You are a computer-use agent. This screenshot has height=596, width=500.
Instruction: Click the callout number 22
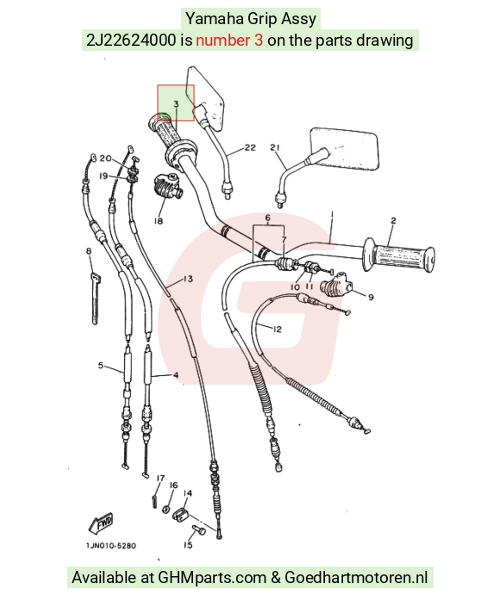(x=250, y=147)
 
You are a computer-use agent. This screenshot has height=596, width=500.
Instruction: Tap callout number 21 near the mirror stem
(x=275, y=147)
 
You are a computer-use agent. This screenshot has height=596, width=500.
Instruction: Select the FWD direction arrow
(x=101, y=523)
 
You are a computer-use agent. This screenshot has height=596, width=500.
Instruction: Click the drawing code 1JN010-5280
(x=111, y=546)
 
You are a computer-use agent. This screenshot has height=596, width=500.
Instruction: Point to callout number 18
(x=159, y=221)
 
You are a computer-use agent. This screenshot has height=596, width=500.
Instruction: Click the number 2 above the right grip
(x=393, y=221)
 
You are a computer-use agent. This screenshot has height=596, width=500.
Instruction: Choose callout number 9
(x=371, y=297)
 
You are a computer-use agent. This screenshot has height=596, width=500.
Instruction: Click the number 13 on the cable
(x=188, y=279)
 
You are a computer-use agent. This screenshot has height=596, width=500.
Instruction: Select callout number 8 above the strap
(x=89, y=251)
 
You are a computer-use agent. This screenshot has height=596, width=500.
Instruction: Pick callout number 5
(x=101, y=366)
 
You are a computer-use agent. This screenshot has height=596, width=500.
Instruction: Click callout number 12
(x=277, y=329)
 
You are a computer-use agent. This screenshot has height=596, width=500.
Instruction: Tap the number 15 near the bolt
(x=188, y=545)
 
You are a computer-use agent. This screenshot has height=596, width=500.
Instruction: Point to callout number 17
(x=160, y=478)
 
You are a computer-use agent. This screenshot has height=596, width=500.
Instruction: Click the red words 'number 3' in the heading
(x=229, y=40)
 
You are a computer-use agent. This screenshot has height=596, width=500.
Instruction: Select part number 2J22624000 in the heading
(x=131, y=40)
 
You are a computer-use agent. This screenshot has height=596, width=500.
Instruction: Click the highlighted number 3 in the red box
(x=176, y=104)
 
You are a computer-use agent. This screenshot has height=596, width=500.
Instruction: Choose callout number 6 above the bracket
(x=268, y=218)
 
